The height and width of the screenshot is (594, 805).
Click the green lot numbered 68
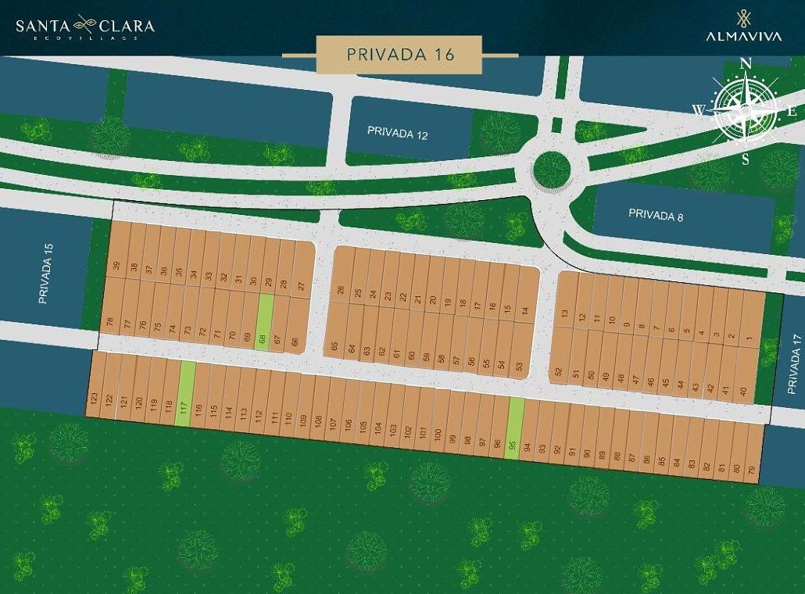pyautogui.click(x=266, y=322)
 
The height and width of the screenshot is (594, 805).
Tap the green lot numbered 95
pyautogui.click(x=514, y=428)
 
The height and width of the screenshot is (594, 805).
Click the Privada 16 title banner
pyautogui.click(x=400, y=55)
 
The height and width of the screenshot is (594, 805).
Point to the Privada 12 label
pyautogui.click(x=398, y=133)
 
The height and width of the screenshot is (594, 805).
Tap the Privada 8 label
pyautogui.click(x=656, y=215)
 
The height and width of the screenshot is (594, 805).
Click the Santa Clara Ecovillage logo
pyautogui.click(x=85, y=27)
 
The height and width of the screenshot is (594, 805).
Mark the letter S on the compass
pyautogui.click(x=746, y=159)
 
